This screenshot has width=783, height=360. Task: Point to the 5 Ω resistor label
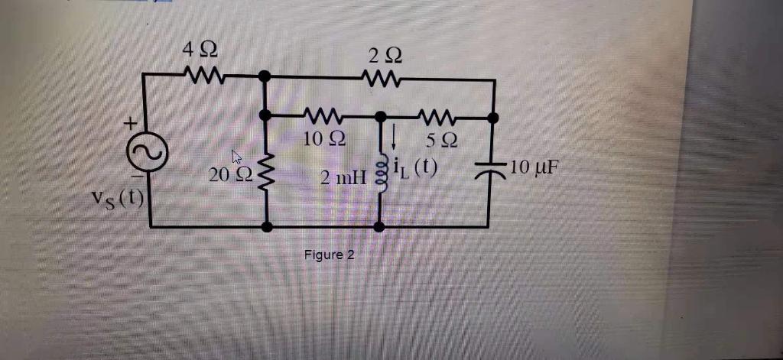click(x=442, y=141)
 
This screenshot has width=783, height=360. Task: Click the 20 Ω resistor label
click(x=227, y=175)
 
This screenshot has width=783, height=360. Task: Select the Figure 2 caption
click(x=329, y=255)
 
